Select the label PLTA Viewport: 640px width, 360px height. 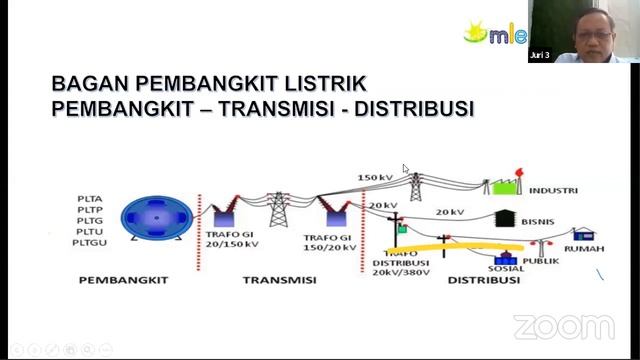(x=89, y=199)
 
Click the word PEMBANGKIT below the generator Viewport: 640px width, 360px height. (x=120, y=281)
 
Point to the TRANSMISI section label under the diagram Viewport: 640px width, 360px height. (x=279, y=281)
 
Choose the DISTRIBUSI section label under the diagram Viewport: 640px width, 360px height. (x=483, y=281)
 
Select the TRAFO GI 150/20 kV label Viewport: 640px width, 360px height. (x=329, y=240)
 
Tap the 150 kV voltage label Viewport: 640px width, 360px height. (x=375, y=178)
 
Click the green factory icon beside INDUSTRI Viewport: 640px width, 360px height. (x=503, y=185)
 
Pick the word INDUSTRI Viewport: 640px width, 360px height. (x=553, y=190)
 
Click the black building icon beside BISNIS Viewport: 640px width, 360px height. (x=505, y=217)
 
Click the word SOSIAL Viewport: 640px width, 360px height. (x=506, y=268)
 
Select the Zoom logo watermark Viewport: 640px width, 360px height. (x=563, y=327)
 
